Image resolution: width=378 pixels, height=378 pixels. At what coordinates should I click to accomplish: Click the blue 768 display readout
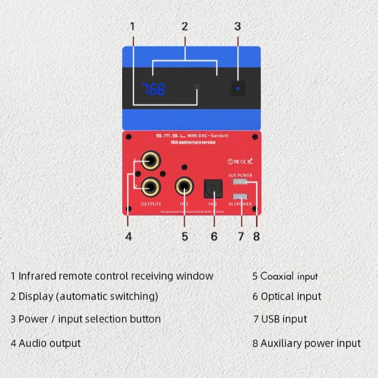tap(153, 89)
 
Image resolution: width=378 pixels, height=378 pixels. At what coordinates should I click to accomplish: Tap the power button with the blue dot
tap(238, 88)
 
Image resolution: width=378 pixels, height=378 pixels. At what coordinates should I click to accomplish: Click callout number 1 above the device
tap(132, 27)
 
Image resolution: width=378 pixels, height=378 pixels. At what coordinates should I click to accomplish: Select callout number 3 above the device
tap(237, 27)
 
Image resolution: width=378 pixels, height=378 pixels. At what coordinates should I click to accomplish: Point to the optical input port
tap(213, 188)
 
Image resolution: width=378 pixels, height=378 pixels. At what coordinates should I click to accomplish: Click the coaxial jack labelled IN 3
tap(184, 187)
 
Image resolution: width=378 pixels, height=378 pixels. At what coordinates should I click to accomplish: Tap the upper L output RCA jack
tap(151, 161)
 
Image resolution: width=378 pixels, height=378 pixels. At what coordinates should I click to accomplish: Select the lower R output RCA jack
tap(151, 187)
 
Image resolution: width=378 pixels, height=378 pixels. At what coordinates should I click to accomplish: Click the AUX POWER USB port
tap(240, 182)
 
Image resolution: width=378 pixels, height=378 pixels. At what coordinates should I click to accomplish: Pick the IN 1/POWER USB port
tap(240, 196)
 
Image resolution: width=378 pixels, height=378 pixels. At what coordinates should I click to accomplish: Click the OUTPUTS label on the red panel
tap(151, 204)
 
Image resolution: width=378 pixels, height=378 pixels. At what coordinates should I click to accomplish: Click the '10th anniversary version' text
tap(193, 142)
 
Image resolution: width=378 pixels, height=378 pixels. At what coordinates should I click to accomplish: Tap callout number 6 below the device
tap(214, 236)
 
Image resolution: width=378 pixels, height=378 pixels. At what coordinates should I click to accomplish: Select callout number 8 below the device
tap(256, 236)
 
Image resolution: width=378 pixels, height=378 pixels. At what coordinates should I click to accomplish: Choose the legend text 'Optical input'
tap(291, 296)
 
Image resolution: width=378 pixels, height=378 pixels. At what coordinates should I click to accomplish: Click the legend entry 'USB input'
tap(284, 319)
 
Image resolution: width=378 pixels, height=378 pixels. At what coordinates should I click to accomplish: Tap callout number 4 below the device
tap(129, 236)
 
